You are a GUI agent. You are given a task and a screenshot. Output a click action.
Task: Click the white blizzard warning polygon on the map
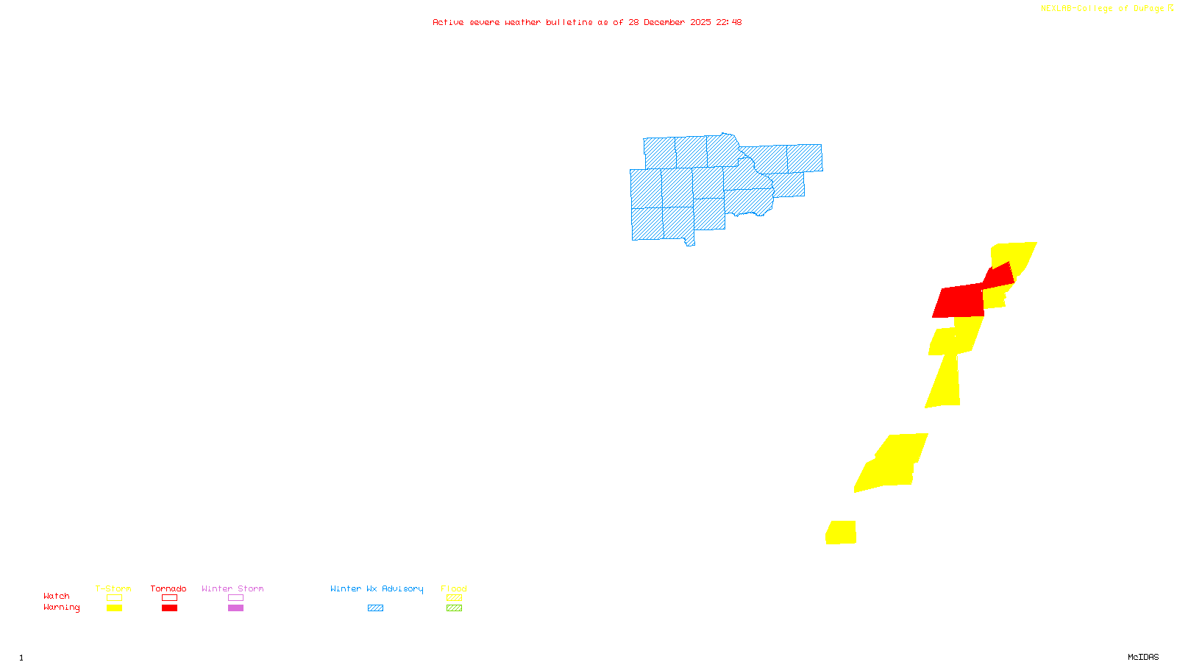(x=517, y=46)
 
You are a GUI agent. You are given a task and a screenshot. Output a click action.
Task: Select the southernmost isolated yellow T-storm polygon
(x=841, y=533)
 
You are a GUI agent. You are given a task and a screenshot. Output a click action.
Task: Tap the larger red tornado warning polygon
(x=959, y=302)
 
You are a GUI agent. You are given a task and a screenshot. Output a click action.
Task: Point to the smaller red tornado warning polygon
(x=999, y=276)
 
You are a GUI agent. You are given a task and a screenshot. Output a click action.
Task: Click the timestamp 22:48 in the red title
(x=728, y=22)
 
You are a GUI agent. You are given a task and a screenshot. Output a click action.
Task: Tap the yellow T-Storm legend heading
(x=113, y=588)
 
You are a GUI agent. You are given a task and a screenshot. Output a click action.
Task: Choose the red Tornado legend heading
(x=168, y=588)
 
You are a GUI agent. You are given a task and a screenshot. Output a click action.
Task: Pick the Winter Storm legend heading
(x=232, y=588)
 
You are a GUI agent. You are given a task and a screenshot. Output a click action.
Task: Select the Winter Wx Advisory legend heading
(x=377, y=588)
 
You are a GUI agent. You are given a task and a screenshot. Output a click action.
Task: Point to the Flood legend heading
(x=454, y=588)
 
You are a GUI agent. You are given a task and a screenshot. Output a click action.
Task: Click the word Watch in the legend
(x=57, y=596)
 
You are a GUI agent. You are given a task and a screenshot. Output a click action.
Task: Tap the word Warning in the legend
(x=61, y=608)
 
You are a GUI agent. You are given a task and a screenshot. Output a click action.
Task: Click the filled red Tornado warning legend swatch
(x=169, y=608)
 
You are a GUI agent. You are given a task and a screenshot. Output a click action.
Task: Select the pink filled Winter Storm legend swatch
(x=235, y=608)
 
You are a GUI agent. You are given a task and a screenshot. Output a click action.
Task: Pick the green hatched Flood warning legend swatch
(x=455, y=608)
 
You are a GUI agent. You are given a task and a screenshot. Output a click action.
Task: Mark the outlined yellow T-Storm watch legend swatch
(x=114, y=598)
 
